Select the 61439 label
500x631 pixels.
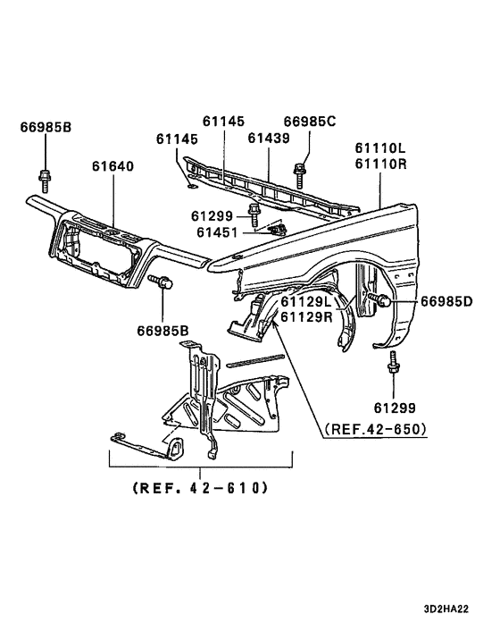tap(269, 138)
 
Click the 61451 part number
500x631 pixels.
tap(212, 231)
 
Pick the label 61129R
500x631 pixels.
tap(307, 317)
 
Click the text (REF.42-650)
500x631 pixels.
tap(375, 428)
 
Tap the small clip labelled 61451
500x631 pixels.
tap(277, 230)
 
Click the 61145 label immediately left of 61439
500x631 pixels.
tap(222, 121)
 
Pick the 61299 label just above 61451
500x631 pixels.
tap(212, 215)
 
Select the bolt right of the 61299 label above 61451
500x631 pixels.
tap(254, 215)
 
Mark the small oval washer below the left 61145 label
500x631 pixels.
tap(189, 187)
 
